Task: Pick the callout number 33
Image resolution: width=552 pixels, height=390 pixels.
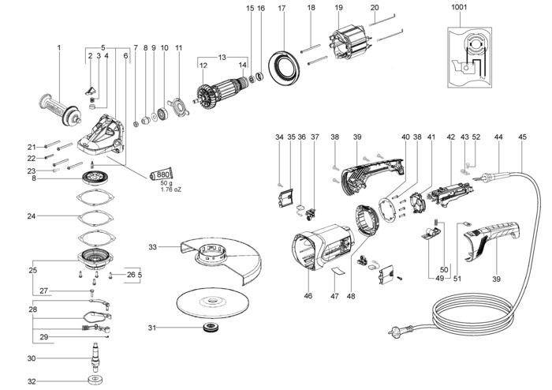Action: pyautogui.click(x=154, y=247)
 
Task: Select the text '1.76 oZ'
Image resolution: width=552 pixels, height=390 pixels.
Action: pyautogui.click(x=172, y=190)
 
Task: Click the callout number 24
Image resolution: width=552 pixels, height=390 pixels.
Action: pyautogui.click(x=31, y=215)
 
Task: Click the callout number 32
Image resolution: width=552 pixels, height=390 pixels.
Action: pyautogui.click(x=32, y=381)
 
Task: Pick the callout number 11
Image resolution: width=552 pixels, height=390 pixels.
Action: pyautogui.click(x=178, y=47)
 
